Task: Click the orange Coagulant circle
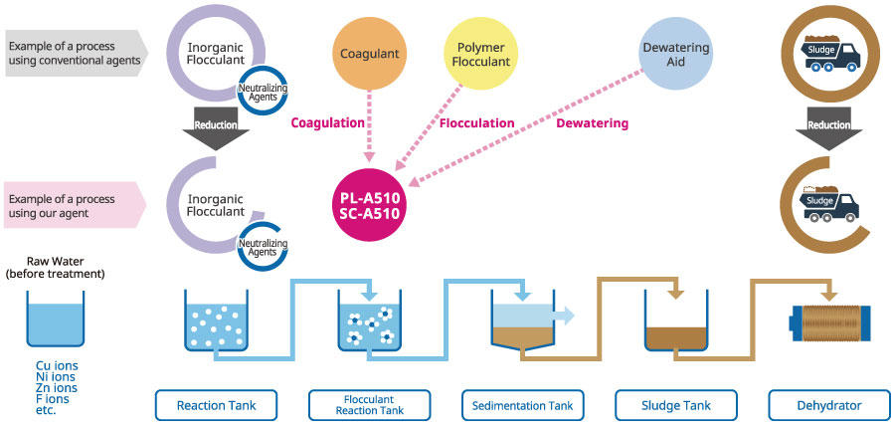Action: click(369, 54)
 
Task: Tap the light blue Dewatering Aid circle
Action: click(675, 54)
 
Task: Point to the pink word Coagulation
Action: click(327, 122)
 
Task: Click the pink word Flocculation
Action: click(476, 122)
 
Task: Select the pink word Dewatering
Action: click(592, 122)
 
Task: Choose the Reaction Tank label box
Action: click(217, 405)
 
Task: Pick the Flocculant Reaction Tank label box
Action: click(369, 405)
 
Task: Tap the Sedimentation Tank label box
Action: click(523, 405)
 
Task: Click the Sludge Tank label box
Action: click(676, 405)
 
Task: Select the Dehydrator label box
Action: click(829, 405)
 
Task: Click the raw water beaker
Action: click(56, 319)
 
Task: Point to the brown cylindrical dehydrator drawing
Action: click(829, 322)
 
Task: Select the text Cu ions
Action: click(57, 365)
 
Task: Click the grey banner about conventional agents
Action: click(77, 53)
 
